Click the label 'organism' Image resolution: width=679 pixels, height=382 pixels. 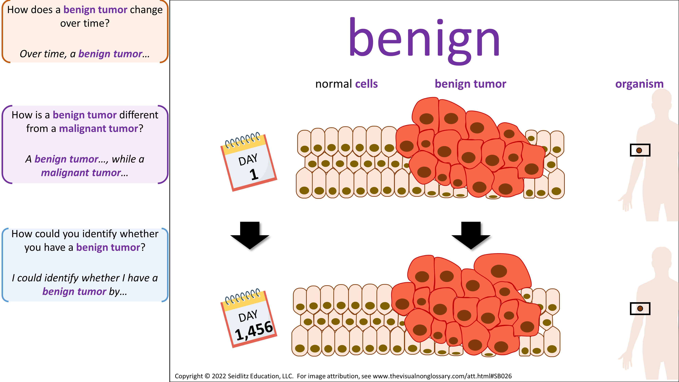639,84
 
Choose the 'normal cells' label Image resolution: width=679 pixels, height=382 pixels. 346,84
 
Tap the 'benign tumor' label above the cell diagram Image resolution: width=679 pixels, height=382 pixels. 470,84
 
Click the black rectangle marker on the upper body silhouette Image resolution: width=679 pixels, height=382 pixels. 640,150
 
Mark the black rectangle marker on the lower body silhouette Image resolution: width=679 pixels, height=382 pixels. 640,308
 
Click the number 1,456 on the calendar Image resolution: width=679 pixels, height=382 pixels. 254,331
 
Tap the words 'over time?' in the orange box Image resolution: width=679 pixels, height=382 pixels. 85,23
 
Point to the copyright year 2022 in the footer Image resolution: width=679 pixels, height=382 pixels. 219,376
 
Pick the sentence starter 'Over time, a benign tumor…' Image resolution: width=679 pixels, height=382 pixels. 85,54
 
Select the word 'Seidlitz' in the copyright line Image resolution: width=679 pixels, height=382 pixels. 237,376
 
